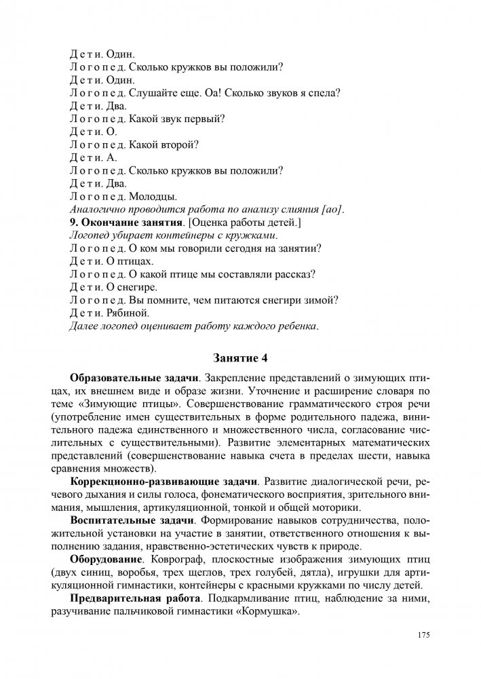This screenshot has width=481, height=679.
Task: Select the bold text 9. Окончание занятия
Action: pyautogui.click(x=126, y=222)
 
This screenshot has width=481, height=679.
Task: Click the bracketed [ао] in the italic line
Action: pyautogui.click(x=332, y=209)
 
